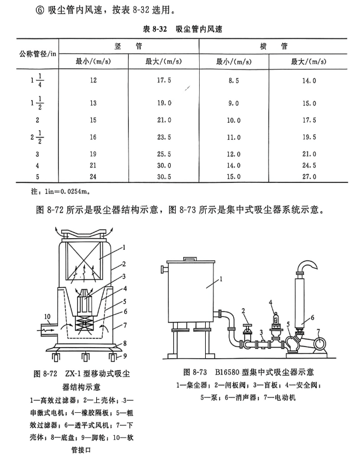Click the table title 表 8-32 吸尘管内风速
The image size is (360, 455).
click(x=179, y=30)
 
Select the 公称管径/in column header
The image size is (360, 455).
click(x=36, y=53)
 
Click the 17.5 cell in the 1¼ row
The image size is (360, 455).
click(x=164, y=80)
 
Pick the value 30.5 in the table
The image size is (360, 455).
click(x=164, y=176)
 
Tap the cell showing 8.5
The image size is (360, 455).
click(x=234, y=80)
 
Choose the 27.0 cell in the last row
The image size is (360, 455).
click(x=310, y=176)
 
